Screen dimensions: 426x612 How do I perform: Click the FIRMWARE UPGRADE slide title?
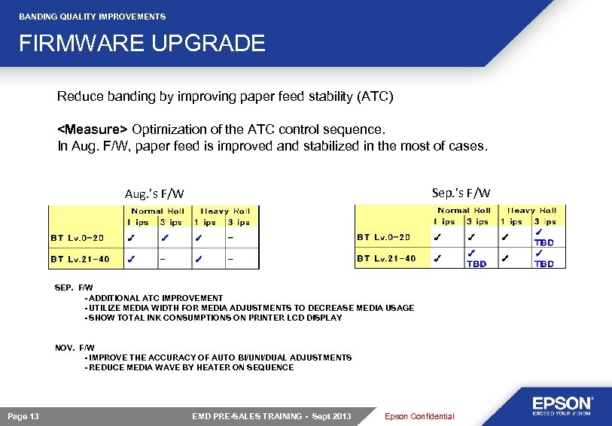tap(142, 44)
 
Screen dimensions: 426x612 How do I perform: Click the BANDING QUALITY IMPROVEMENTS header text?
tap(92, 17)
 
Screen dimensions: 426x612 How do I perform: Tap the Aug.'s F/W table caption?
tap(154, 194)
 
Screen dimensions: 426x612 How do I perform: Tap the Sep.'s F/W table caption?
tap(461, 193)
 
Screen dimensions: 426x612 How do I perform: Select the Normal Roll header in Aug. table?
tap(157, 211)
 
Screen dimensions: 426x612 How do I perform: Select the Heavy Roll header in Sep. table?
tap(531, 211)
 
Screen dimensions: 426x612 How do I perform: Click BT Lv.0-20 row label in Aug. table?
tap(77, 238)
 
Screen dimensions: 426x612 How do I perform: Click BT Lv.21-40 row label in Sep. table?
tap(386, 258)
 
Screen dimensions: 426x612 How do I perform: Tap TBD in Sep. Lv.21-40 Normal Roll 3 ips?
tap(477, 263)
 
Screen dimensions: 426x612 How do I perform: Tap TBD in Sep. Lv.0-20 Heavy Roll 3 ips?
tap(543, 242)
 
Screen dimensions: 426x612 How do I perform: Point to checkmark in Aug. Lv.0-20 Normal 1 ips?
tap(131, 238)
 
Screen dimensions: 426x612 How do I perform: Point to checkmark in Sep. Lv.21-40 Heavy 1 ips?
tap(506, 258)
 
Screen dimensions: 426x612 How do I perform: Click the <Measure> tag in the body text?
tap(94, 129)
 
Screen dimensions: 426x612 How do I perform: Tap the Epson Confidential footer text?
tap(419, 416)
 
